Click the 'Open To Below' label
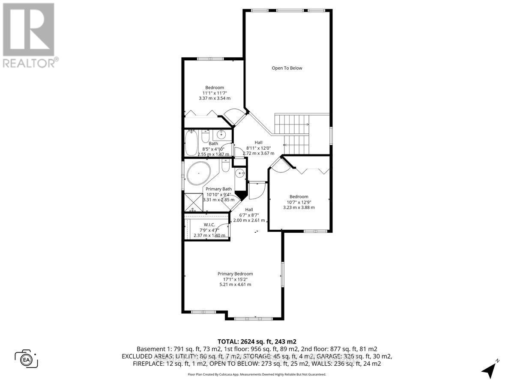(287, 68)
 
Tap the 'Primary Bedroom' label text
(235, 274)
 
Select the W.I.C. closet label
(209, 225)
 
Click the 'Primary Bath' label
(218, 189)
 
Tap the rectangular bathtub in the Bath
(191, 143)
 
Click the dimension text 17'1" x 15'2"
(235, 279)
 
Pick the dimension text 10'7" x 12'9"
(299, 202)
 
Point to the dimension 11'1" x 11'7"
(215, 93)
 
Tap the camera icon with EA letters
(27, 358)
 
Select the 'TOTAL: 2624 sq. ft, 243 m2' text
(257, 341)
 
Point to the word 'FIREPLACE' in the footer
(150, 364)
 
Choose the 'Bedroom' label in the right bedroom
(299, 197)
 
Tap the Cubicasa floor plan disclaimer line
(257, 374)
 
